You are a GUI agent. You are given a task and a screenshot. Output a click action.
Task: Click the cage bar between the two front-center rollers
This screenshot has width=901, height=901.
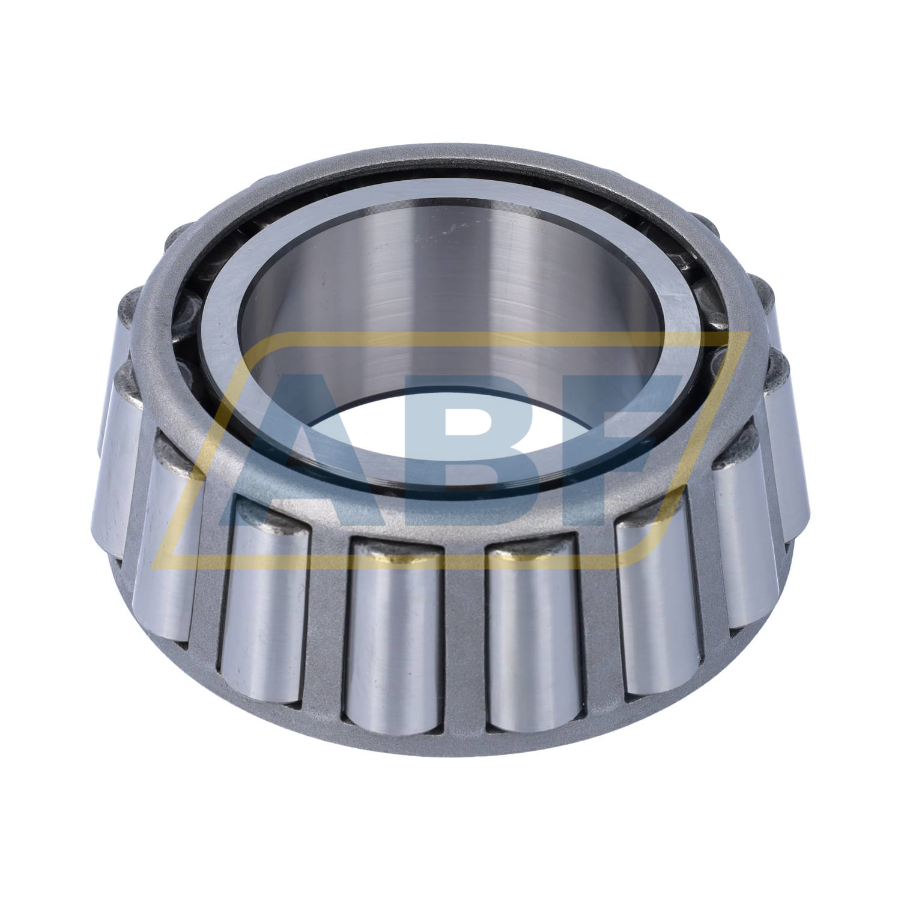(466, 637)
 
